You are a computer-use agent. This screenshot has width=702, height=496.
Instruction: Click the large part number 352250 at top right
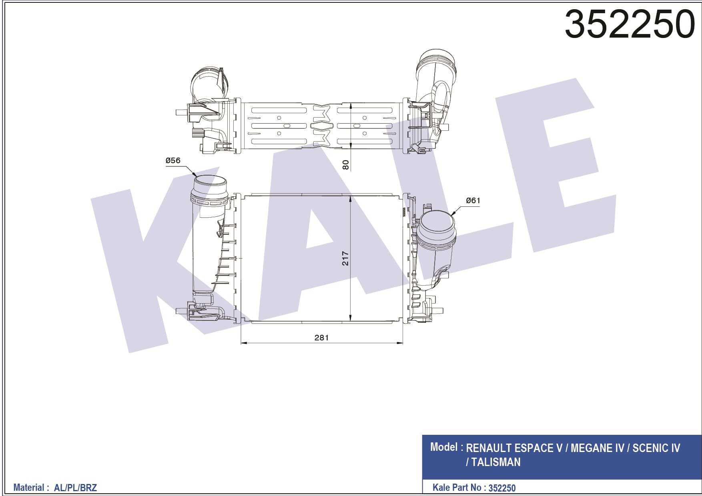tap(630, 24)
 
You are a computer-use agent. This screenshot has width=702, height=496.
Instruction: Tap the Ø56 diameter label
tap(173, 160)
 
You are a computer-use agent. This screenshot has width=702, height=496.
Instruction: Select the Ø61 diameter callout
tap(473, 200)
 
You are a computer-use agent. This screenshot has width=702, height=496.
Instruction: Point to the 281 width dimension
tap(321, 338)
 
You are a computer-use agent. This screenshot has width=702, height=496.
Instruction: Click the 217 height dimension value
tap(345, 258)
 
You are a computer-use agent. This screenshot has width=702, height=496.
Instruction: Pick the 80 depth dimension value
tap(345, 164)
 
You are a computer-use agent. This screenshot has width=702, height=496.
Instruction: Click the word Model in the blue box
tap(444, 447)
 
